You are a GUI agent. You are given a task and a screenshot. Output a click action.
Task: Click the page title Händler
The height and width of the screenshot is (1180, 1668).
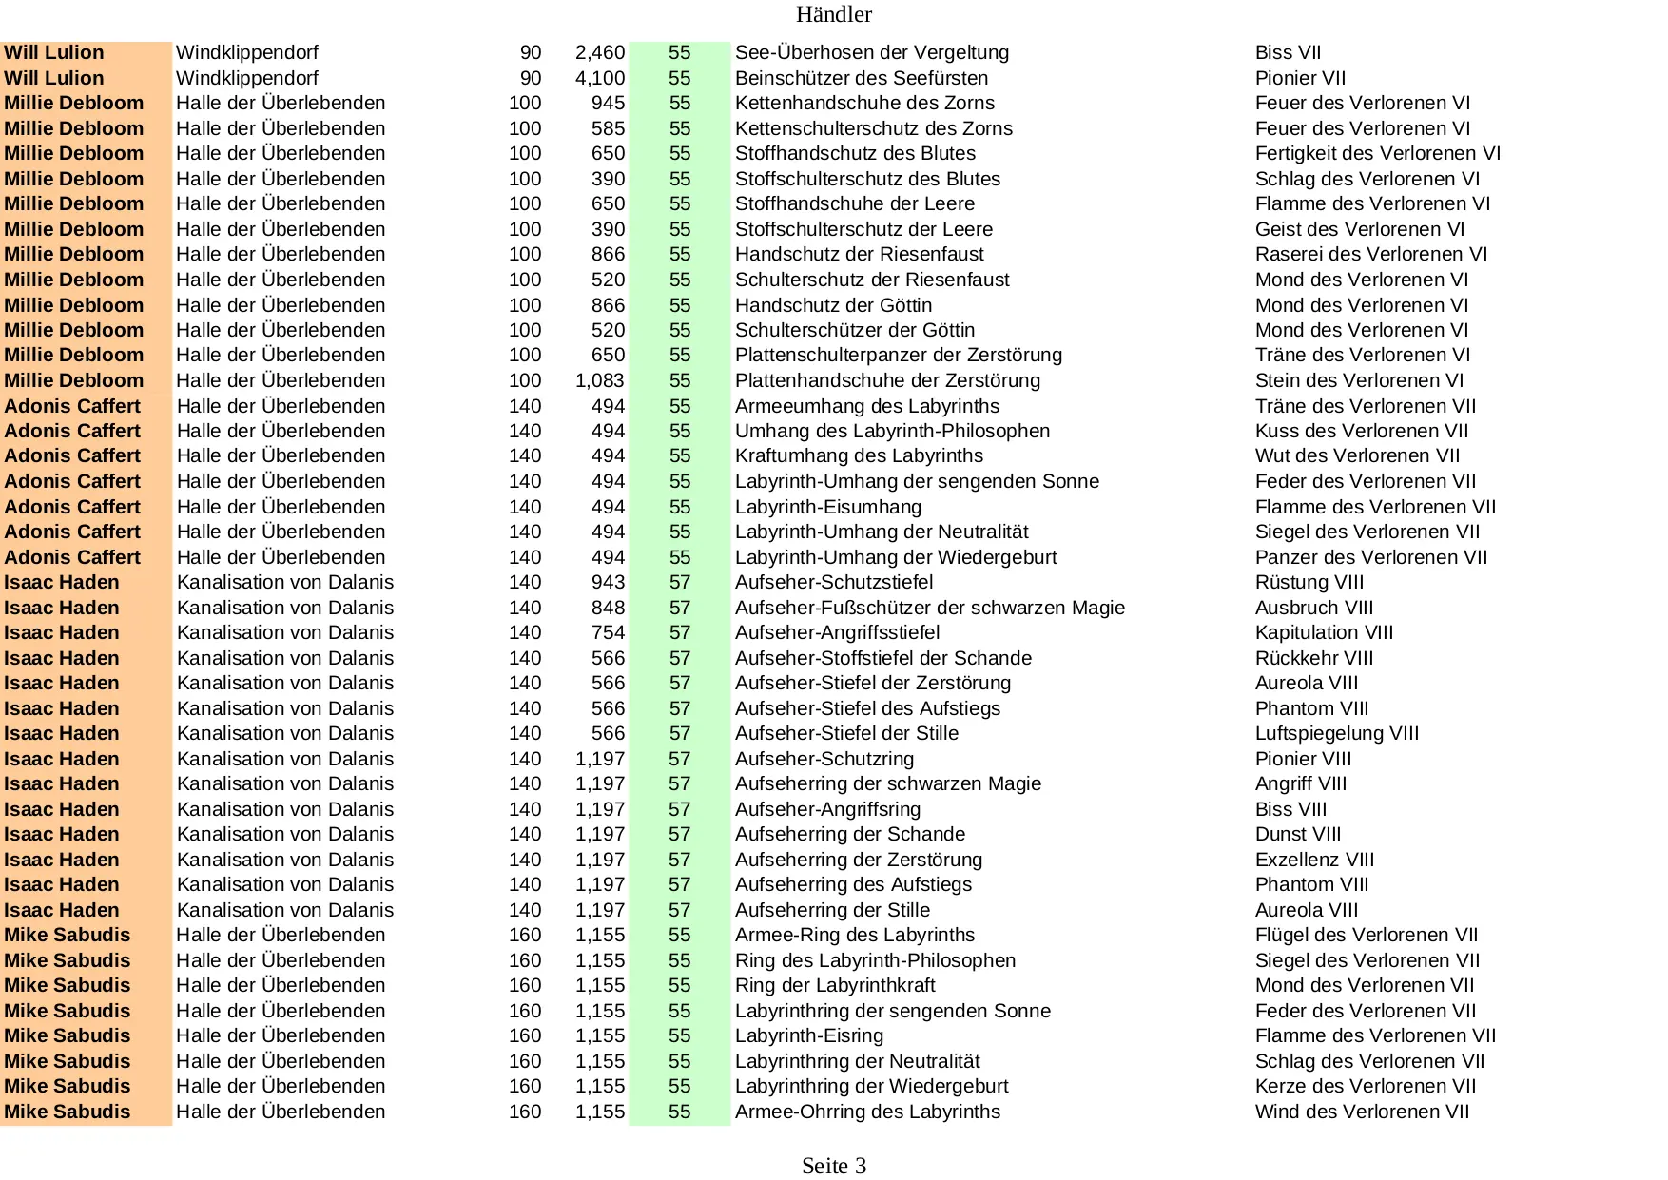tap(833, 14)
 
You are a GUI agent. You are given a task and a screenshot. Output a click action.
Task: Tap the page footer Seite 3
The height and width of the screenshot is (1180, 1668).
tap(833, 1166)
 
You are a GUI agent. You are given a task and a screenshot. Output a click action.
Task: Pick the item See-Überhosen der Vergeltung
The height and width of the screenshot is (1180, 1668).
tap(871, 53)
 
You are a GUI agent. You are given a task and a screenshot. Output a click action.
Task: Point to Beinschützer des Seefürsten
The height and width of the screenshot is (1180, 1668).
tap(861, 78)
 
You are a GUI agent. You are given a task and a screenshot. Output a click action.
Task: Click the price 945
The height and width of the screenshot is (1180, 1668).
tap(608, 104)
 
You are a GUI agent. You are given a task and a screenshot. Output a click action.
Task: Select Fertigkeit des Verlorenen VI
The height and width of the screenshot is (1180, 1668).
tap(1377, 154)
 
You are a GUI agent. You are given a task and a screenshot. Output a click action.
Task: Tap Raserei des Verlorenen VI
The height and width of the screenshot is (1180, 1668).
tap(1370, 255)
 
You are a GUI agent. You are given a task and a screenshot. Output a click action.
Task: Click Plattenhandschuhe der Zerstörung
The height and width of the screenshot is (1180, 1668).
tap(887, 381)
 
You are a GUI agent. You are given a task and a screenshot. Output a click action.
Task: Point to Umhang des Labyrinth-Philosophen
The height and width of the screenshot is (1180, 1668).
tap(892, 432)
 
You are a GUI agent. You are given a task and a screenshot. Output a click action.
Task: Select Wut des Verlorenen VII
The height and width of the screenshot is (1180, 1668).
tap(1357, 456)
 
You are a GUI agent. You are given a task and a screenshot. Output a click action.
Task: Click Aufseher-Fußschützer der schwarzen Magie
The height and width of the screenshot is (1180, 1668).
tap(929, 609)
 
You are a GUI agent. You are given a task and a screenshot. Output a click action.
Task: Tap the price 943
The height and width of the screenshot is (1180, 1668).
tap(608, 583)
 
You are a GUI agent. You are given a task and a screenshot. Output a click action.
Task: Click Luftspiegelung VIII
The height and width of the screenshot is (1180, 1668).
tap(1336, 734)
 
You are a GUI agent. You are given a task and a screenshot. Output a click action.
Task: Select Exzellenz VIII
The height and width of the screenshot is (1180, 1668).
tap(1314, 861)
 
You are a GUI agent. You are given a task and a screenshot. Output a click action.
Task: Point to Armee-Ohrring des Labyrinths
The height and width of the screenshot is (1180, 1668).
tap(867, 1112)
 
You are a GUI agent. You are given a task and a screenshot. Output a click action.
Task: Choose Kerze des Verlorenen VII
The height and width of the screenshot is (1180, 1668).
tap(1365, 1087)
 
